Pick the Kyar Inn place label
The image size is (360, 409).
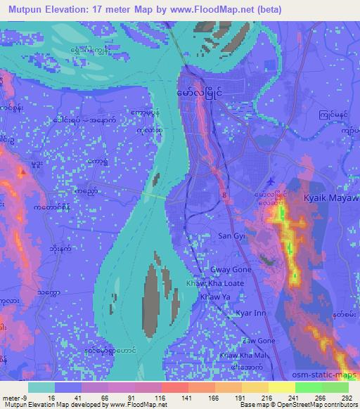click(250, 313)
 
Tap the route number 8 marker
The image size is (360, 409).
click(224, 192)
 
